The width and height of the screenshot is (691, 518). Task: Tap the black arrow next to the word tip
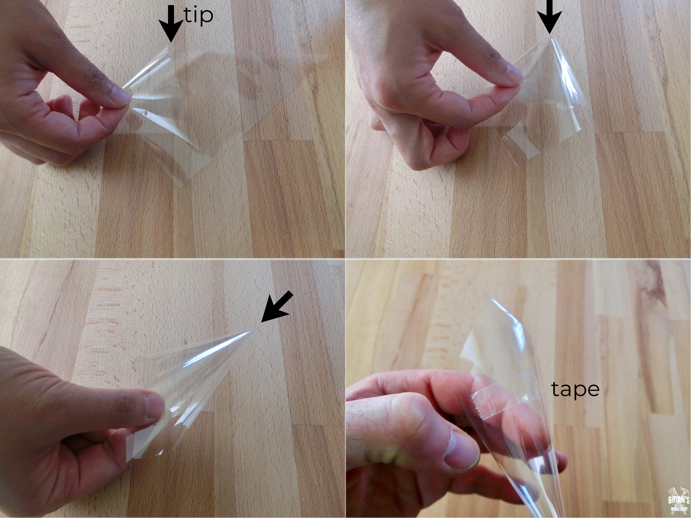171,23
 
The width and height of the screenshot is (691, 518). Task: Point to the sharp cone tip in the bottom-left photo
256,328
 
